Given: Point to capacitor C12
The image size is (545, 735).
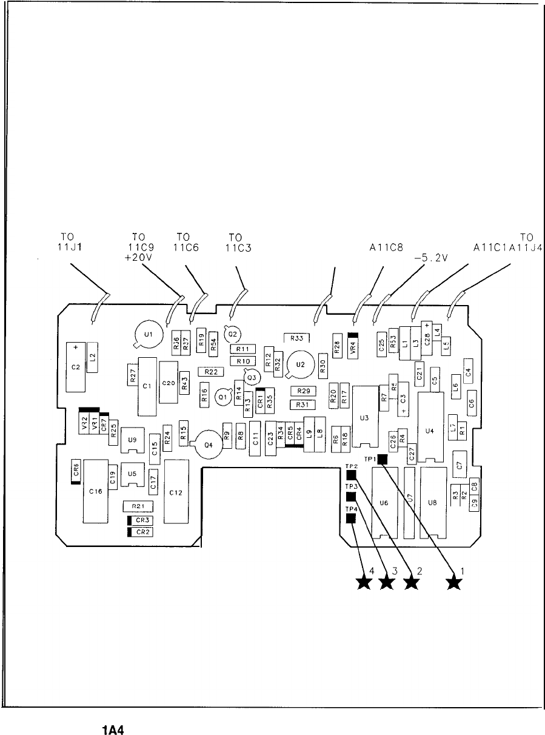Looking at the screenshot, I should coord(175,492).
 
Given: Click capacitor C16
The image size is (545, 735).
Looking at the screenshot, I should coord(95,492).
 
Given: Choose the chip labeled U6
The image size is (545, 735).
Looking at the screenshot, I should coord(383,502).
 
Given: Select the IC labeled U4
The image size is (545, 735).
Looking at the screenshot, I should coord(430,431).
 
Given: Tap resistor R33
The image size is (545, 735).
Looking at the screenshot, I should coord(297,338).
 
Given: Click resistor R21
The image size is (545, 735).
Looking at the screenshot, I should coord(138,506).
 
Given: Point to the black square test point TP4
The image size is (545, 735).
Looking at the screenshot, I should coord(350,519).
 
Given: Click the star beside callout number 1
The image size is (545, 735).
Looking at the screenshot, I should coord(454,583).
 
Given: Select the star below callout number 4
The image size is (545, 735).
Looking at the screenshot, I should coord(364,583).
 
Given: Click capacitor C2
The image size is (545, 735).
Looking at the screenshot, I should coord(76,366).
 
